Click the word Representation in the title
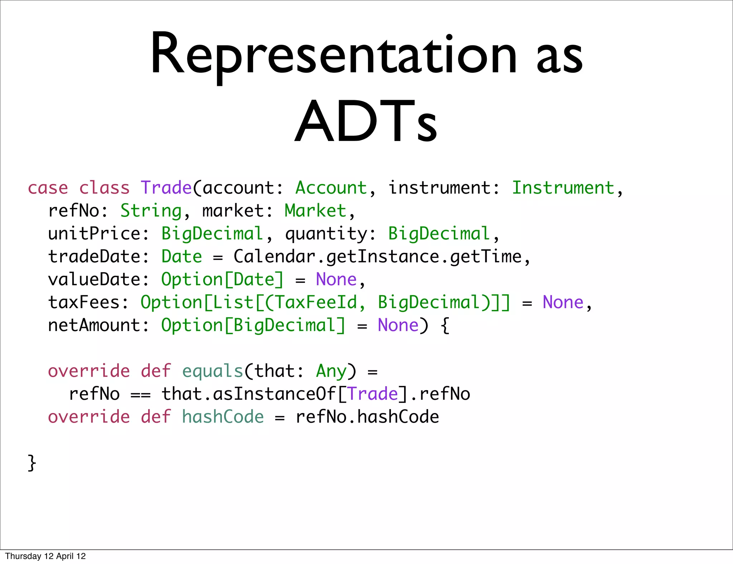coord(333,54)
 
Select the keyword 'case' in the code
coord(48,188)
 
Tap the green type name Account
coord(331,188)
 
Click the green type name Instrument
coord(563,188)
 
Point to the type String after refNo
coord(151,211)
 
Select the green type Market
coord(315,211)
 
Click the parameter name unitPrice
coord(94,234)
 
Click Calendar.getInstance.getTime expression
coord(378,257)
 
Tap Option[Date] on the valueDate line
coord(222,279)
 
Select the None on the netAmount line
coord(398,325)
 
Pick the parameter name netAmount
coord(94,325)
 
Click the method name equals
coord(212,371)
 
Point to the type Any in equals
coord(331,371)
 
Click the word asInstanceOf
coord(274,394)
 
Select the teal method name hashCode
coord(223,417)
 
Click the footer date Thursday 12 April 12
coord(45,556)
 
